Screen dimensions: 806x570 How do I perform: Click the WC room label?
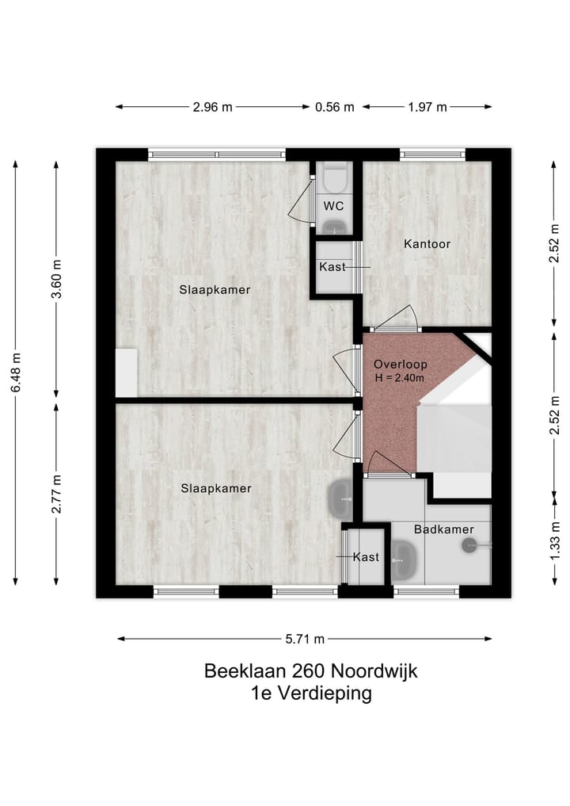point(334,206)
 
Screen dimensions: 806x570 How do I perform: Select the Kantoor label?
point(427,243)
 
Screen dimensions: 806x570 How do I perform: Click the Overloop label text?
point(401,365)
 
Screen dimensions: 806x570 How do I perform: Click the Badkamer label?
point(444,529)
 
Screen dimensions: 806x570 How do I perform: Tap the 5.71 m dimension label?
point(305,639)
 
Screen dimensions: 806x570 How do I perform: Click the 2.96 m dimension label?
point(212,107)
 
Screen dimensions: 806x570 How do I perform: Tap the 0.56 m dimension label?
point(334,107)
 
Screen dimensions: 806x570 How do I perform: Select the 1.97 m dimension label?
point(427,107)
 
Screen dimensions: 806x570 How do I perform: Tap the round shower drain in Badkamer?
point(469,544)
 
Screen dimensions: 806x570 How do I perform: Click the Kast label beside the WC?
point(332,267)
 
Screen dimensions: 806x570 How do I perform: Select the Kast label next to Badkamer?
point(366,557)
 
